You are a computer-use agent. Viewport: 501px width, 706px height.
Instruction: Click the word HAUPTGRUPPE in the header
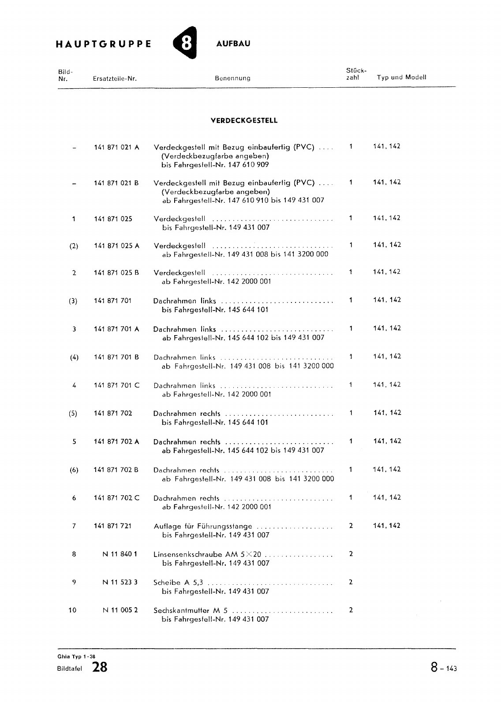[104, 44]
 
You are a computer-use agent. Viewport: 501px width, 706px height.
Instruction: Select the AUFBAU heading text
[233, 44]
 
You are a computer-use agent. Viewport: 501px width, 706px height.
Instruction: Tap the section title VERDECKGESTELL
[244, 121]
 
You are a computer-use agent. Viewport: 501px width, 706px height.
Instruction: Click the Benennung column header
[232, 78]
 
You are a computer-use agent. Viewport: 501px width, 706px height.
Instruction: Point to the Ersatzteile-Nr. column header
[115, 78]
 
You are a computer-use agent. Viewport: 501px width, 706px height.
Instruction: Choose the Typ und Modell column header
[401, 77]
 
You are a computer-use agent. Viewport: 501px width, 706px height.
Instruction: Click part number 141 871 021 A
[116, 147]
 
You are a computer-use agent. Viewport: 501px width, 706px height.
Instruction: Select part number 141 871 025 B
[116, 273]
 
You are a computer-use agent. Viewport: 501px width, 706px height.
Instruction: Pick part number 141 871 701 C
[116, 385]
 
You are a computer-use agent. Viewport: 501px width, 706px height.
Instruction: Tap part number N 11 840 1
[120, 554]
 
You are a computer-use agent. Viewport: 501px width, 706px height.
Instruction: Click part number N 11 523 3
[120, 582]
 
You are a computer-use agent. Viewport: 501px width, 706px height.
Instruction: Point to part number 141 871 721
[112, 526]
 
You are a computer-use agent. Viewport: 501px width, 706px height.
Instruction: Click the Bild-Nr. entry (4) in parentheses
[74, 357]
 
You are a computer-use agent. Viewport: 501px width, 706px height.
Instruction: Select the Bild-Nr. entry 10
[73, 610]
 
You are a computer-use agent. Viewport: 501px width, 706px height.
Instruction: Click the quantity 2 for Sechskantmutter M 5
[351, 610]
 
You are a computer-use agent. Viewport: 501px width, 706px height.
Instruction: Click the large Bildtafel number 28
[100, 668]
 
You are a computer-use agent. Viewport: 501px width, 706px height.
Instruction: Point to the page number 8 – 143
[444, 668]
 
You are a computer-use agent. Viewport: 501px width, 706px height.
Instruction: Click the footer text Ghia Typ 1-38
[70, 656]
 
